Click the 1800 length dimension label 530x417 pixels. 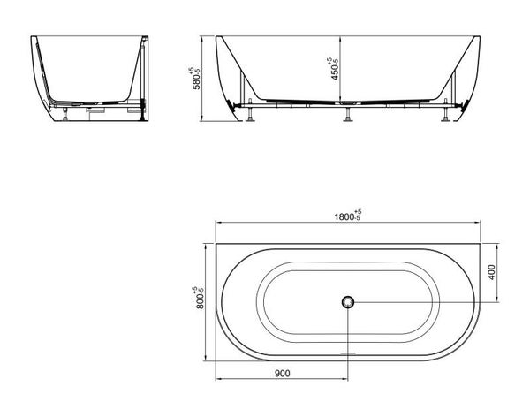[x=348, y=216]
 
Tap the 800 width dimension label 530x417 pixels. [x=199, y=298]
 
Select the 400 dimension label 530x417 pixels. [x=491, y=272]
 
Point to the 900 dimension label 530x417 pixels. [x=283, y=374]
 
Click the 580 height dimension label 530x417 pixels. [x=195, y=79]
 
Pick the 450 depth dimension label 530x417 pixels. [x=333, y=69]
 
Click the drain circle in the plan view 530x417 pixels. [x=347, y=301]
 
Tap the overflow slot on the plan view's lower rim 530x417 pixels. [x=348, y=353]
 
